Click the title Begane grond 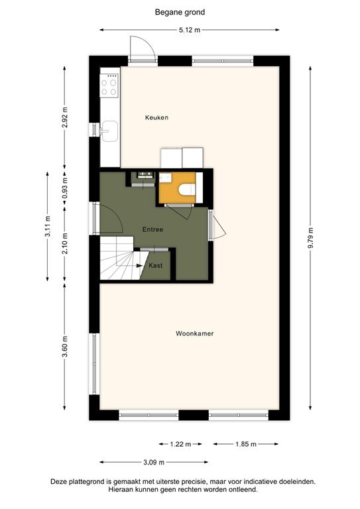coord(180,11)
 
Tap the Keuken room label coord(156,117)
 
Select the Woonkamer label coord(195,333)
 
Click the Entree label coord(152,229)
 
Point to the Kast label coord(156,265)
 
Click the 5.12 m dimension coord(189,30)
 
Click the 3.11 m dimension coord(48,226)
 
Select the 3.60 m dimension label coord(64,346)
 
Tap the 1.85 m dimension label coord(245,444)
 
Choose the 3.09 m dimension coord(153,462)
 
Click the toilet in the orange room coord(188,190)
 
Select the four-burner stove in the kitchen coord(109,85)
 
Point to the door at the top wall coord(142,50)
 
